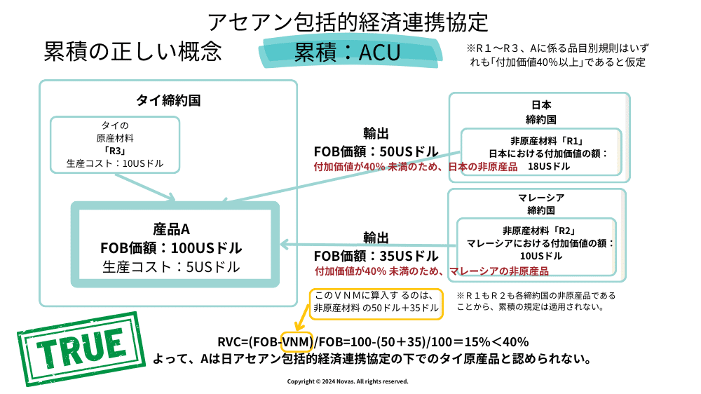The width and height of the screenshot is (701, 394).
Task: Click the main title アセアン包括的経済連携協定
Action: pos(348,21)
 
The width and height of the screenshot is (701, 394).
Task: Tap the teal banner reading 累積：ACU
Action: pos(347,53)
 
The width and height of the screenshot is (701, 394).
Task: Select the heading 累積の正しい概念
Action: pos(132,51)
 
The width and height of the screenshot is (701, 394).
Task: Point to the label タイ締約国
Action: pos(168,100)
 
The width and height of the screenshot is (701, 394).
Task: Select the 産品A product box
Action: pos(175,244)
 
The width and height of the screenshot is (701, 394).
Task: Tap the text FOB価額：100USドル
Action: pos(171,248)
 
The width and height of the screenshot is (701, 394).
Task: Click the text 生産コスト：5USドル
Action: pos(171,267)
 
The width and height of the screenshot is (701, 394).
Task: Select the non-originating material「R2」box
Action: pos(536,243)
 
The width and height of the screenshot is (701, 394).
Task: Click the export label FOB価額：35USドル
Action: pos(375,256)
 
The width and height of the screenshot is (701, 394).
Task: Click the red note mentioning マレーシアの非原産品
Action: pos(430,271)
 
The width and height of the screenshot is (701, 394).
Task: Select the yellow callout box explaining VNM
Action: pos(376,303)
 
